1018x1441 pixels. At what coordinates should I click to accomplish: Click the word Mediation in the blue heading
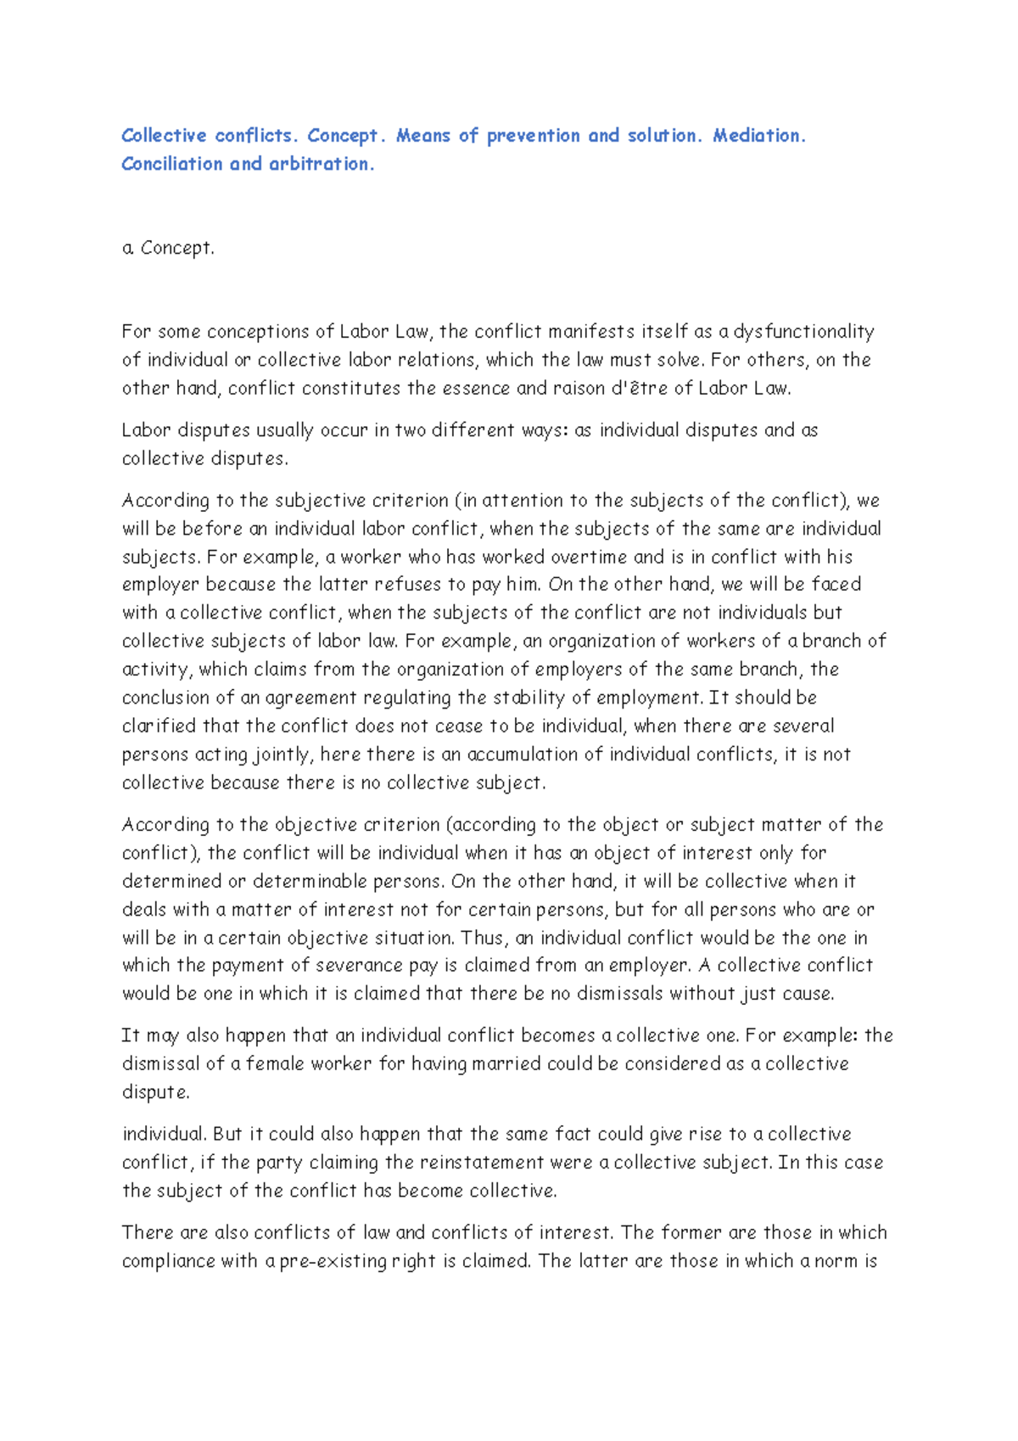click(758, 136)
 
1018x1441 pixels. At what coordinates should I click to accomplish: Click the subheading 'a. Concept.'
click(168, 248)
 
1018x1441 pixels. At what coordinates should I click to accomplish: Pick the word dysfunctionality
click(803, 332)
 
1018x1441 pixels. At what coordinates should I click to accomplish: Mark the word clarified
click(159, 726)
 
